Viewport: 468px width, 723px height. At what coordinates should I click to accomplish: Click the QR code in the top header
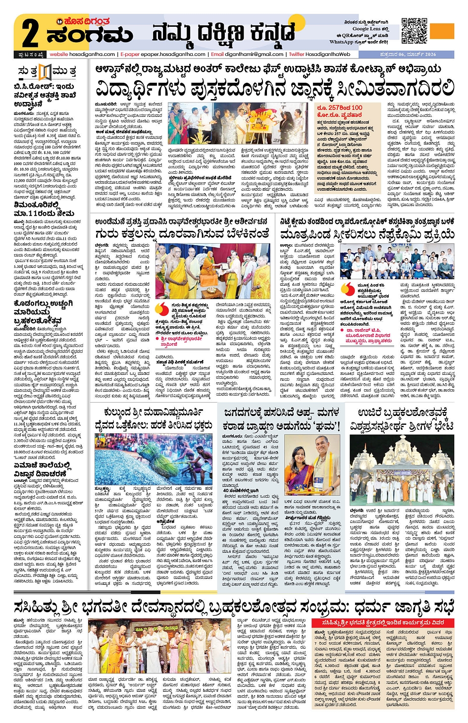coord(414,31)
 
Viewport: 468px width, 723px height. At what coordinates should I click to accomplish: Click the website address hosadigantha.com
coord(83,54)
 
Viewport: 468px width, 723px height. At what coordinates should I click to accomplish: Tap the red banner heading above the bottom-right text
coord(382,622)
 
